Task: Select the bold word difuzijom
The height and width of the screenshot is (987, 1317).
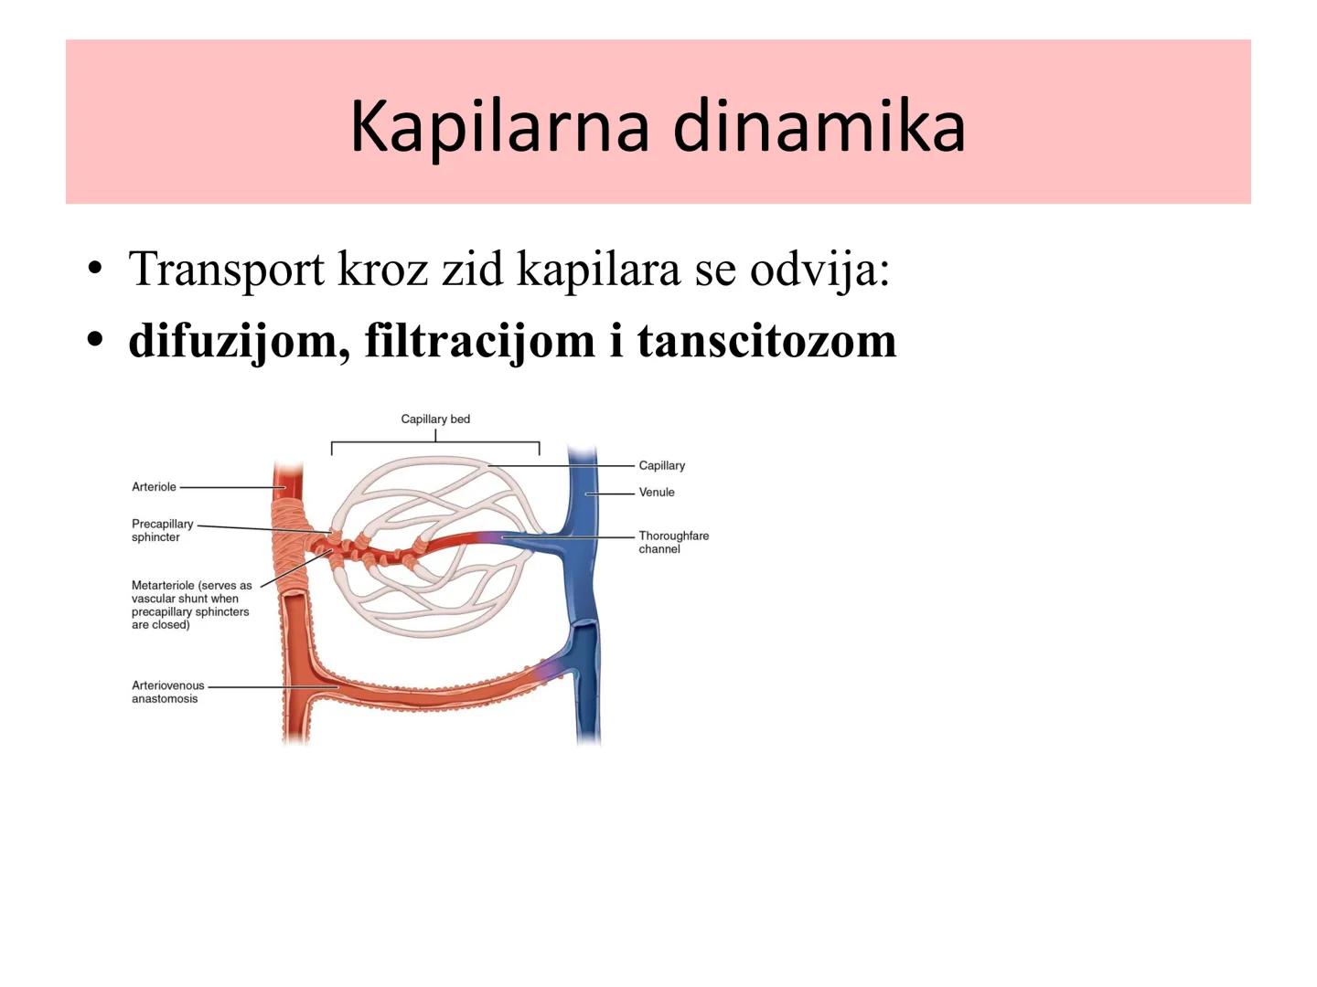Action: [x=239, y=340]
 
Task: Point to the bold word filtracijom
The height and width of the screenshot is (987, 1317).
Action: [x=479, y=340]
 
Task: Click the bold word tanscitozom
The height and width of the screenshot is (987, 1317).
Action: [x=766, y=340]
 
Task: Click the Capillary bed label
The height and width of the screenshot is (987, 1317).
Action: [x=435, y=419]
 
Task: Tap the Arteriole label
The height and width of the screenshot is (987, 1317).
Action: [x=154, y=487]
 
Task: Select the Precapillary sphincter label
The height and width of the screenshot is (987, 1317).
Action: [x=162, y=530]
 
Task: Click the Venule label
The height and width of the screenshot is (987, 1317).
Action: [x=657, y=492]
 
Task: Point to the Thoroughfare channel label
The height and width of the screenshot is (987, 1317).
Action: [x=673, y=542]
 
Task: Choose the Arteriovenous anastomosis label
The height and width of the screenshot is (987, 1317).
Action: [x=167, y=692]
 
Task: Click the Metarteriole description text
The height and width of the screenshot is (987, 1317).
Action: [x=190, y=605]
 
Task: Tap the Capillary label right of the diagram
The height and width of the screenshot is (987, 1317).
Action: [x=661, y=465]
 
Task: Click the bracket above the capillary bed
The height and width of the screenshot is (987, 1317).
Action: [x=435, y=443]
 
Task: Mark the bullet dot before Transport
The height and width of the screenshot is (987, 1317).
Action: [x=94, y=270]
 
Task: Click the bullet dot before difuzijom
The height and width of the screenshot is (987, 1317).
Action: [x=94, y=340]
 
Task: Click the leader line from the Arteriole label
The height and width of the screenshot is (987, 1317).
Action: [x=229, y=487]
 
